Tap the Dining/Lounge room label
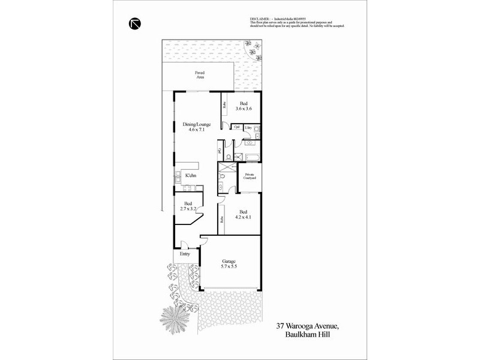[196, 126]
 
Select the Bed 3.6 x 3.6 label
[242, 106]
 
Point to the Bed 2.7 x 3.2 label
[188, 206]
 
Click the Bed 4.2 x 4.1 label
[244, 214]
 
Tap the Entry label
[184, 254]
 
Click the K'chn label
[191, 175]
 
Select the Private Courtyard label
[250, 176]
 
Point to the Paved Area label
[199, 75]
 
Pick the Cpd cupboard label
[236, 128]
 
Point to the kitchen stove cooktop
[178, 177]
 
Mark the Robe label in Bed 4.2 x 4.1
[221, 220]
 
